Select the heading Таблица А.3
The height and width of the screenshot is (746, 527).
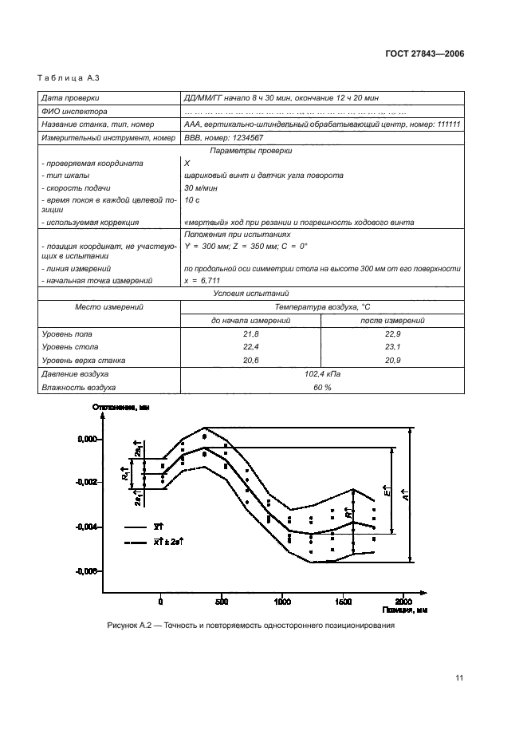point(62,77)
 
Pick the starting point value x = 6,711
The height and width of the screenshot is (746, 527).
point(203,280)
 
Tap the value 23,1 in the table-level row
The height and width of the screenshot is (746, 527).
point(392,348)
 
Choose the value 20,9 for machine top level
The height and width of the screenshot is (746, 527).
point(392,361)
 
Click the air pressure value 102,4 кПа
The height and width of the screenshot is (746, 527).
point(322,374)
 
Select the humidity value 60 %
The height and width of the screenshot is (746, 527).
point(322,387)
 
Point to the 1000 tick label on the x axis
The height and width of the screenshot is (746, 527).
point(282,603)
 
